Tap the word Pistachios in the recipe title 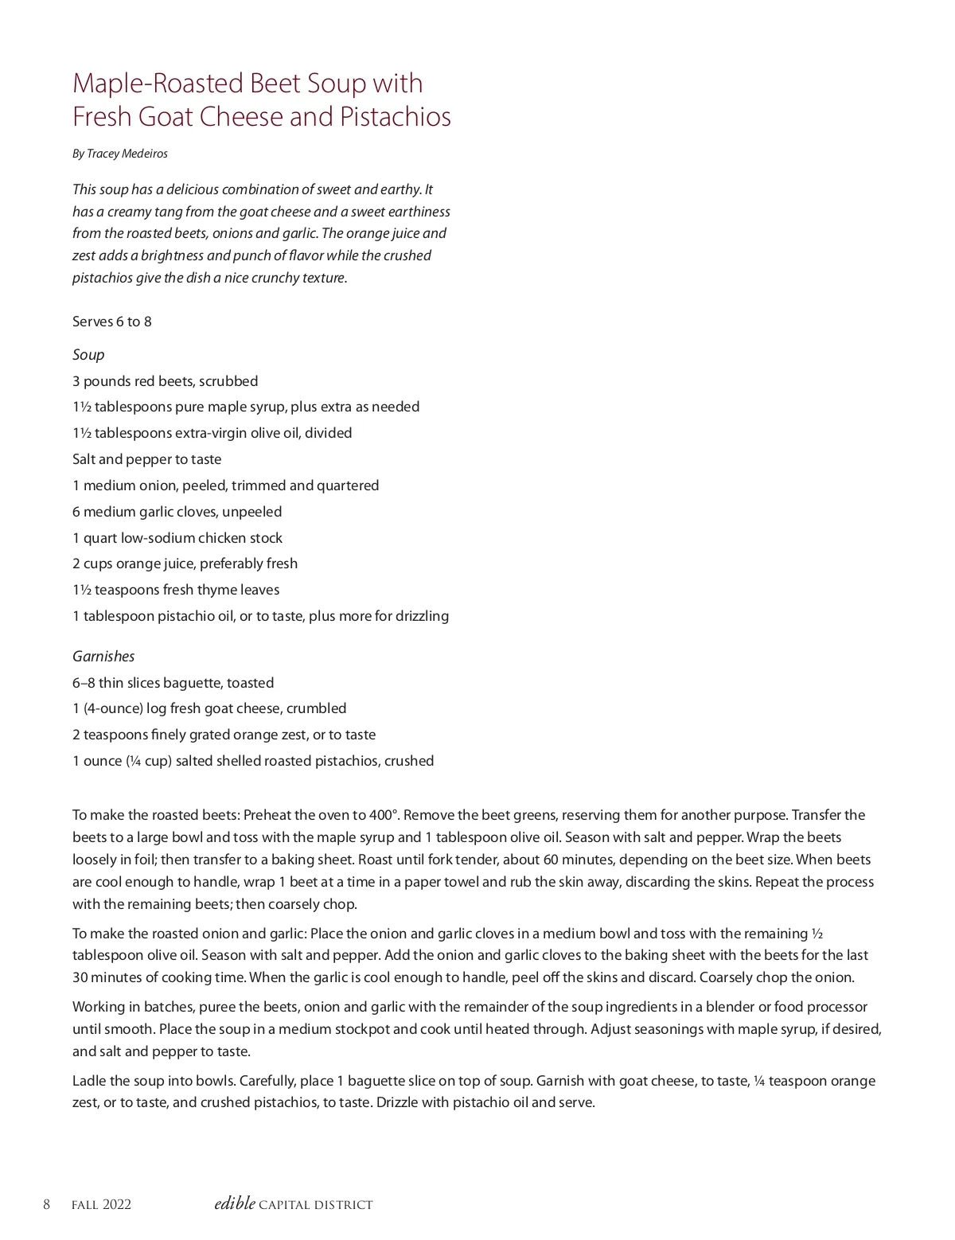click(396, 117)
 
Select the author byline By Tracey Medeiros click(120, 154)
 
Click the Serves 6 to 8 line click(112, 322)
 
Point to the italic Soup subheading click(88, 355)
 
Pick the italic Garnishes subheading click(103, 657)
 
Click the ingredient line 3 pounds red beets click(165, 381)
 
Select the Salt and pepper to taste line click(147, 459)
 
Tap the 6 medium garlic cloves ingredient click(177, 512)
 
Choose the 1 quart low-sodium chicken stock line click(177, 538)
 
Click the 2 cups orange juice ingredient click(185, 563)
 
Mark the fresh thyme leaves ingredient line click(176, 590)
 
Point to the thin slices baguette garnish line click(173, 683)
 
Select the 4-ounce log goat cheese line click(209, 708)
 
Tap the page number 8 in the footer click(46, 1204)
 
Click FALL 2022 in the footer click(101, 1205)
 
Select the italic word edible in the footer click(235, 1203)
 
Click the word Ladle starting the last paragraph click(88, 1081)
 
